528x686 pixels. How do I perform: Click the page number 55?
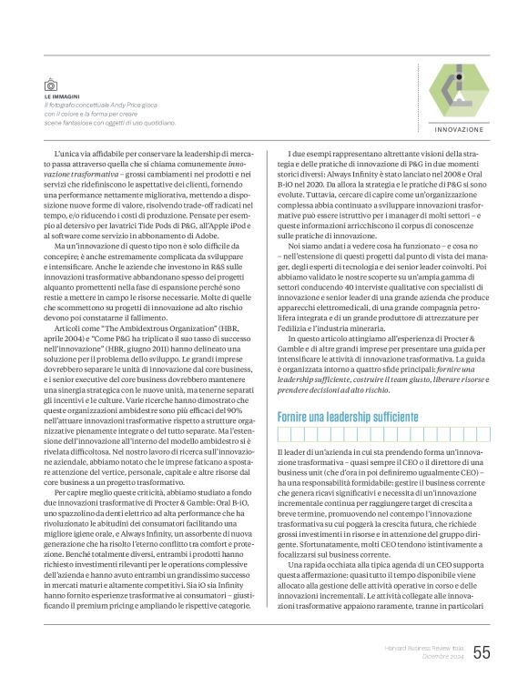tap(481, 651)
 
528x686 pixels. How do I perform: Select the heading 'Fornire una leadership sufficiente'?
tap(347, 418)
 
